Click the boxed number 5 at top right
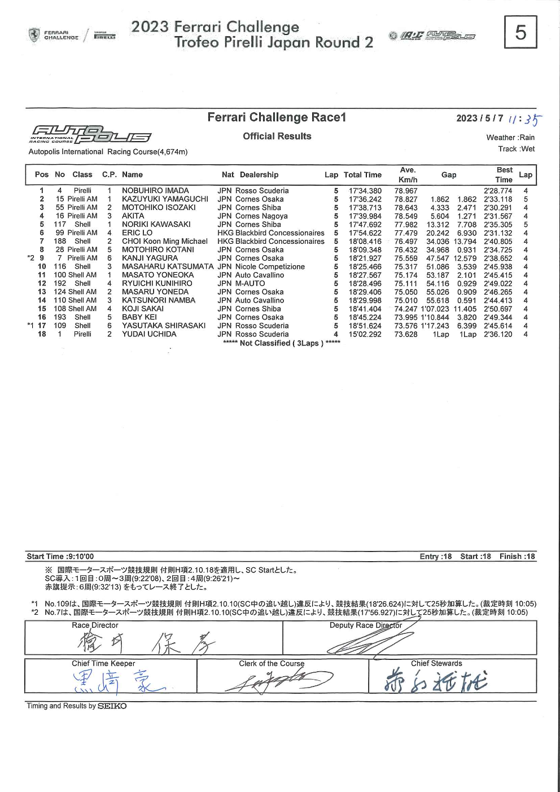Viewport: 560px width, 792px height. coord(520,32)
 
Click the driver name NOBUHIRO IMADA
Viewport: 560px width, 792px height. coord(155,191)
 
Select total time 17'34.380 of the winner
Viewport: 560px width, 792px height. coord(365,191)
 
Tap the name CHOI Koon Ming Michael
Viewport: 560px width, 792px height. coord(165,241)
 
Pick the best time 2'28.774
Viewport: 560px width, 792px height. coord(498,191)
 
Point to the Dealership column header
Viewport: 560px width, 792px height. coord(259,175)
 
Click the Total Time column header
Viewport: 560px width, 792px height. coord(362,175)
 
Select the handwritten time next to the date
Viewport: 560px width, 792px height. coord(524,120)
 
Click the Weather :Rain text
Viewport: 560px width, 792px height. coord(510,137)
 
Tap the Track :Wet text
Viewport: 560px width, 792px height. coord(516,149)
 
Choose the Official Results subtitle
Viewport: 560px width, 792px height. coord(277,136)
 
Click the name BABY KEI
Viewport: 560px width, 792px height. coord(139,317)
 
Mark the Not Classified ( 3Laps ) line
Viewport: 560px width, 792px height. coord(281,343)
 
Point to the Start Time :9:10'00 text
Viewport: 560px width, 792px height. coord(60,557)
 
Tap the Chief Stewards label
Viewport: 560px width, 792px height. coord(436,664)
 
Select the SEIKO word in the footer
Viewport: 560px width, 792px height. coord(112,706)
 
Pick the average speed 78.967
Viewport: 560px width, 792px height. coord(406,191)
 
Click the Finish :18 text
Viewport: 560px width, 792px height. coord(517,557)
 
